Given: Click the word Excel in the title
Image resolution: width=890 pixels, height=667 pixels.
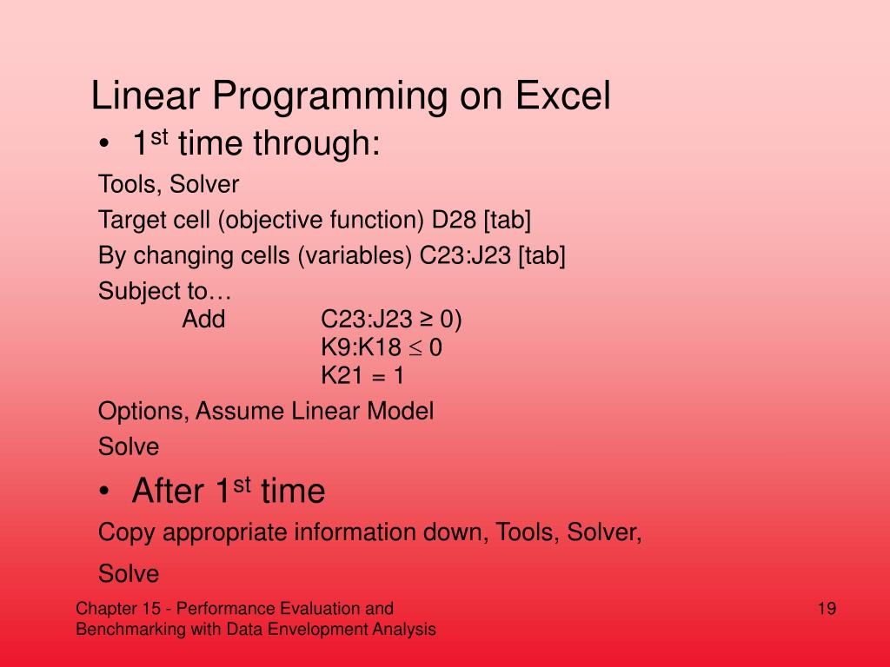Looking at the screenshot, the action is [x=562, y=95].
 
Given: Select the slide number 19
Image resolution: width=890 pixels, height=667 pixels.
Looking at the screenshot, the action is [x=827, y=609].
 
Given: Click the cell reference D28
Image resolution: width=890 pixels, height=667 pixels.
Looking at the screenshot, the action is [x=454, y=220].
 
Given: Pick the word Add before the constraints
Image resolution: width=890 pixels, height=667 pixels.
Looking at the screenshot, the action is [x=203, y=319].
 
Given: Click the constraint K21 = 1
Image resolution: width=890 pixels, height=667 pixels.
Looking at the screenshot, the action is [x=362, y=375].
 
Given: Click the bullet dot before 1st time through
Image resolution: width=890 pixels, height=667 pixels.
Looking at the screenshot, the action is [x=103, y=144].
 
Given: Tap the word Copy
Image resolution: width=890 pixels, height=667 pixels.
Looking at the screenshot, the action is [x=126, y=533].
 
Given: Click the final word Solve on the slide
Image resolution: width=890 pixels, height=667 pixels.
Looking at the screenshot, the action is [x=129, y=574].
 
